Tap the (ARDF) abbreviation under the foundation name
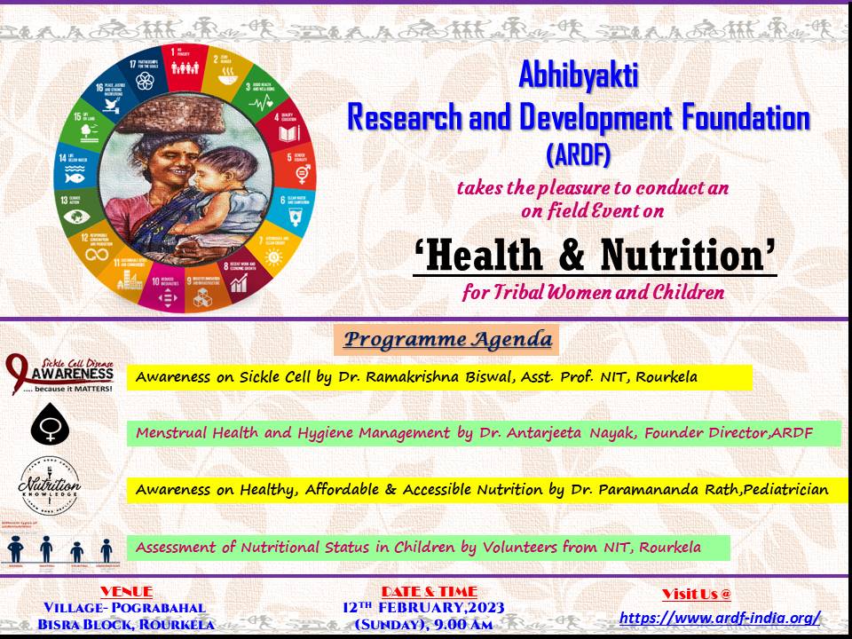[x=578, y=155]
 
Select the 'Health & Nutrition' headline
[x=595, y=257]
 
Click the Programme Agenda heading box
[x=447, y=339]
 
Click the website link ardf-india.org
[x=719, y=618]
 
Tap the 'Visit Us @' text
[x=696, y=595]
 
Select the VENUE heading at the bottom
[x=126, y=591]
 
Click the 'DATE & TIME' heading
[x=430, y=591]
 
